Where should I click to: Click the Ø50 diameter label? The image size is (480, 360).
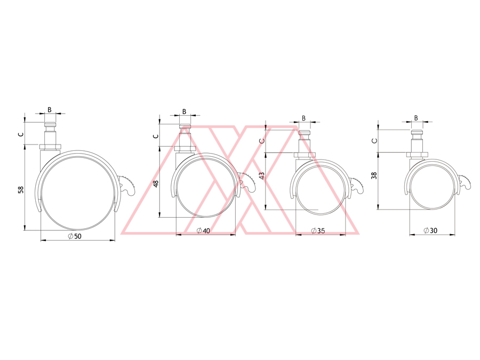(75, 236)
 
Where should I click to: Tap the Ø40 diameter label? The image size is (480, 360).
(203, 230)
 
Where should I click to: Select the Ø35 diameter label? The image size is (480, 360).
(318, 230)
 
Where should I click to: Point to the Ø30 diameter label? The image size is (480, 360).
(430, 230)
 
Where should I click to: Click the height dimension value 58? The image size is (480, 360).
(21, 190)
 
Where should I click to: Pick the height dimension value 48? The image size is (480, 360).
(156, 183)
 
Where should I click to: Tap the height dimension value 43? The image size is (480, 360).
(262, 175)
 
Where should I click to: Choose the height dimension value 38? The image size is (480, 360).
(374, 175)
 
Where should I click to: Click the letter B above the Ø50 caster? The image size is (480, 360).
(49, 109)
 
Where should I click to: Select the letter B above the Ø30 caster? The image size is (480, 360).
(416, 118)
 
